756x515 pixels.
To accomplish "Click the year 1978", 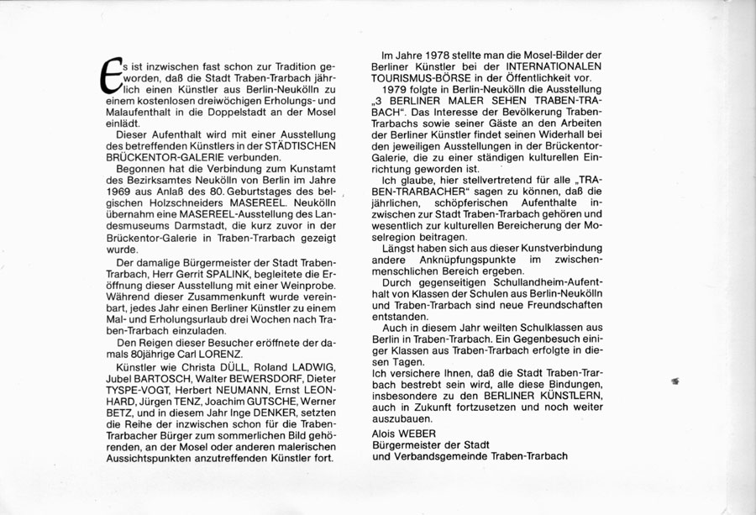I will point(433,54).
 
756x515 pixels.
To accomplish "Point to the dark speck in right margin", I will point(675,381).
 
